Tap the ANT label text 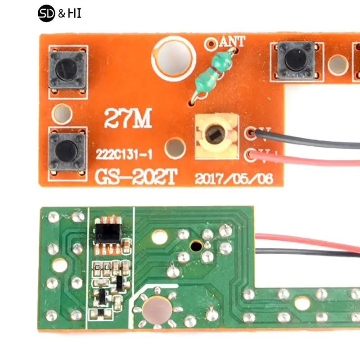coord(233,42)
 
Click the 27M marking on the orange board coord(128,119)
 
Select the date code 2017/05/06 coord(234,179)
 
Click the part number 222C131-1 coord(124,154)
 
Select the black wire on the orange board coord(310,143)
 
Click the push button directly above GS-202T coord(67,151)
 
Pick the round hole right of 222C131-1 coord(175,147)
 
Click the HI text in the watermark coord(75,14)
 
